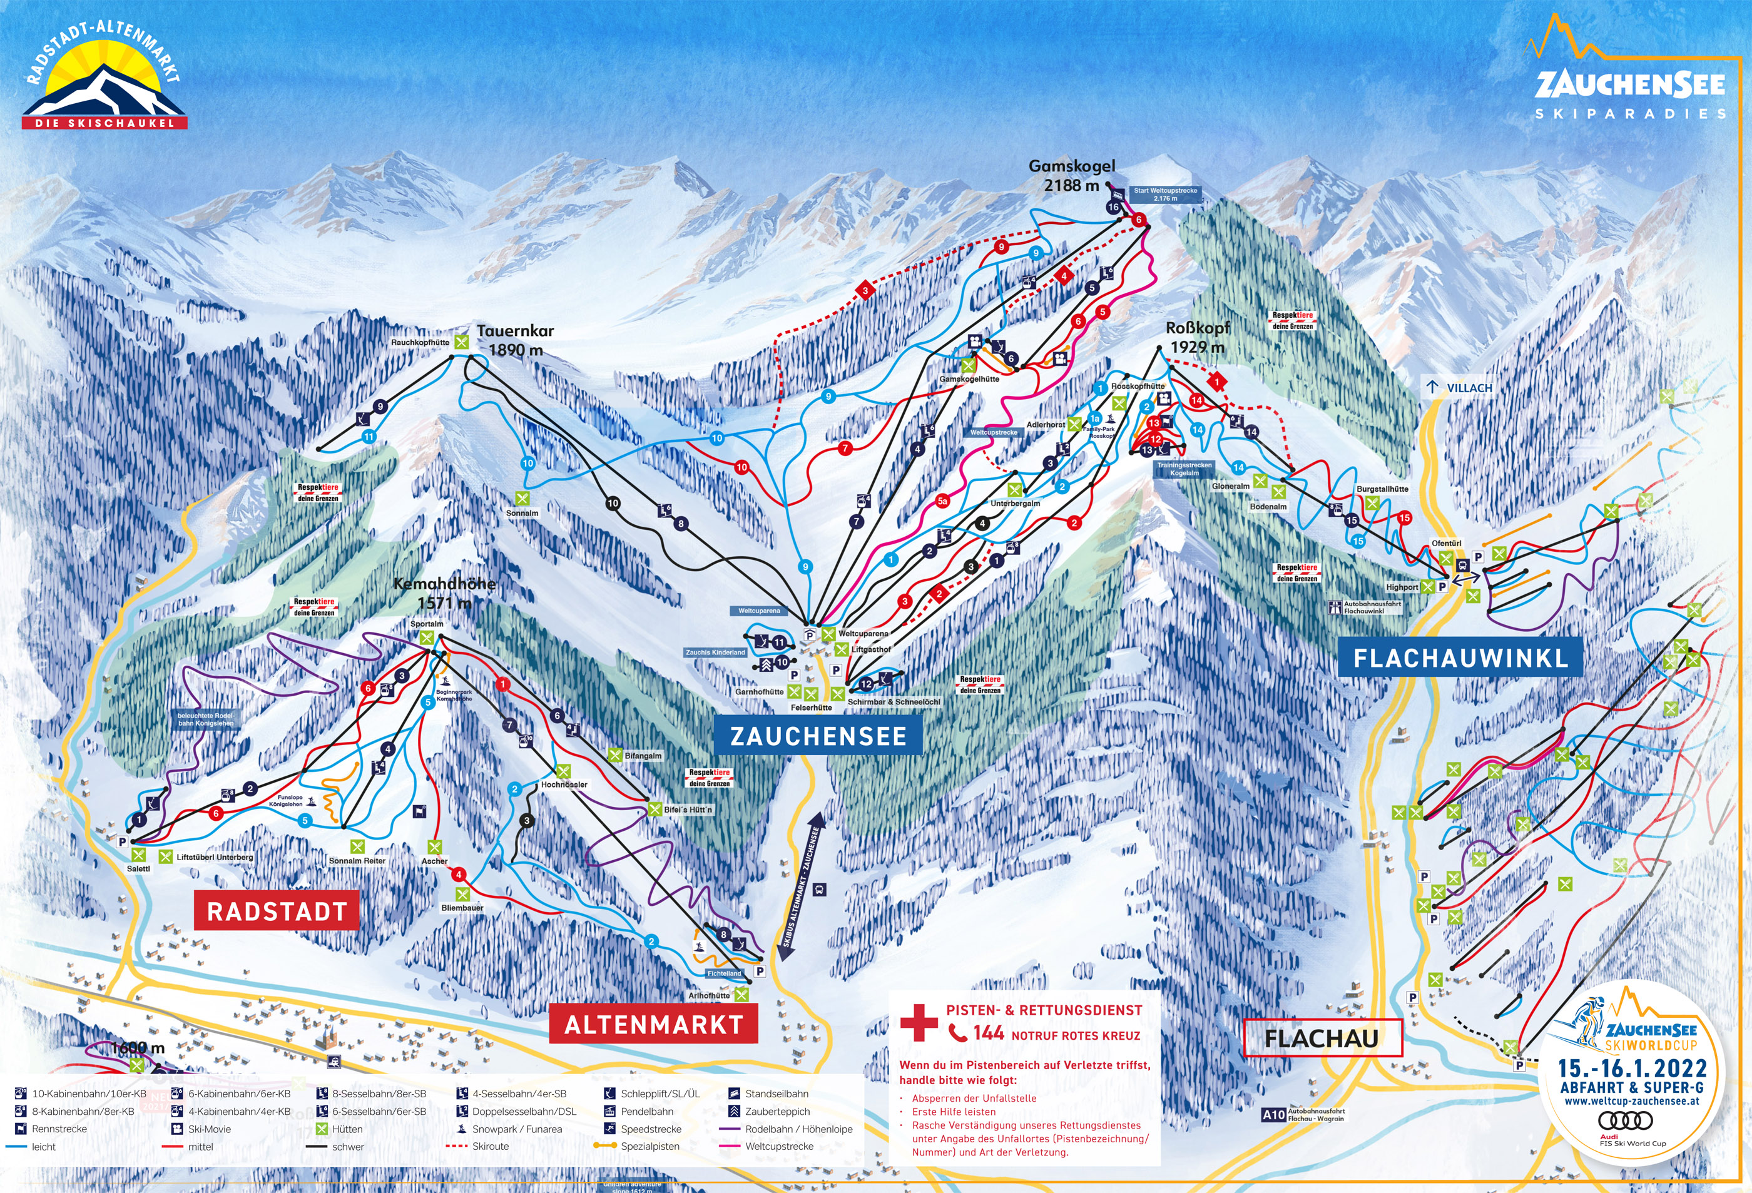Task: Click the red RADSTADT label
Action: (x=277, y=911)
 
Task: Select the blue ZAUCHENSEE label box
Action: (x=818, y=736)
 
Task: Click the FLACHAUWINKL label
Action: (x=1460, y=658)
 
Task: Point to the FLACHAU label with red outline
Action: (x=1322, y=1038)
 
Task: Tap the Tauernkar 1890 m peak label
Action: (x=515, y=340)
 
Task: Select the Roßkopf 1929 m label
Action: (x=1197, y=337)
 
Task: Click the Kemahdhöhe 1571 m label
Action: (x=444, y=593)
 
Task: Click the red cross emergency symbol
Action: (x=919, y=1023)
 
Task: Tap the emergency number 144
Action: (x=987, y=1033)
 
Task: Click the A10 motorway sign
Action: (x=1273, y=1115)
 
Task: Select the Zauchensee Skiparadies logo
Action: (x=1630, y=83)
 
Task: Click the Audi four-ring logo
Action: (x=1626, y=1120)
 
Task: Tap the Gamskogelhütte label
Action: (x=969, y=379)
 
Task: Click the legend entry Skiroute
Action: (x=490, y=1146)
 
